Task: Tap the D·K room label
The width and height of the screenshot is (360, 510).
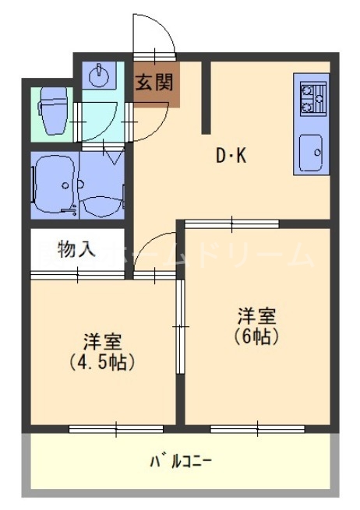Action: tap(231, 157)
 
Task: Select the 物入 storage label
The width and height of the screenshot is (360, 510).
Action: tap(77, 250)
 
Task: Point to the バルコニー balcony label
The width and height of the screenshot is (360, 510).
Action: tap(181, 462)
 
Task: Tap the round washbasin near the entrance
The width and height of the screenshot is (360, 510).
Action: tap(99, 77)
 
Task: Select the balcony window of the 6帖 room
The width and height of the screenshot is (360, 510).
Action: tap(245, 427)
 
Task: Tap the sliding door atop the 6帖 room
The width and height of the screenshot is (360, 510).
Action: tap(231, 224)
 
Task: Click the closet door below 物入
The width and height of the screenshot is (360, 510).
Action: tap(78, 274)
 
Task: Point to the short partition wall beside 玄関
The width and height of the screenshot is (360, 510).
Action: tap(206, 97)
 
